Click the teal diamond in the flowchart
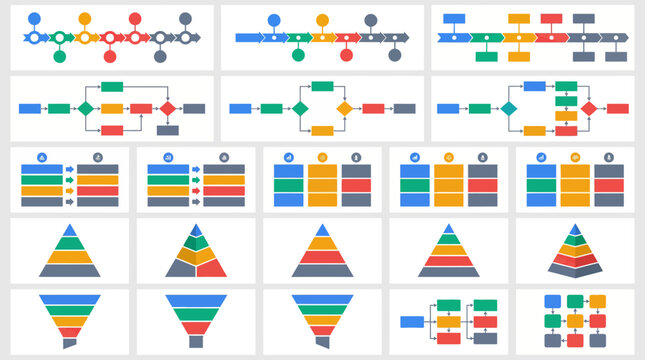tap(509, 108)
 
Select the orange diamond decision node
tap(345, 108)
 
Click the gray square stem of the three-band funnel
tap(195, 340)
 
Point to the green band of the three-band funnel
tap(195, 316)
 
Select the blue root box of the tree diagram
tap(412, 322)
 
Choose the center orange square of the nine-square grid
tap(575, 321)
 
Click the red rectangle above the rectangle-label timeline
tap(551, 18)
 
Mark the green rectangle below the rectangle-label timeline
tap(486, 56)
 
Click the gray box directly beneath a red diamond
tap(168, 130)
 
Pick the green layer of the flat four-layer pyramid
tap(70, 243)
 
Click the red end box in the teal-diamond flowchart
tap(618, 108)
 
